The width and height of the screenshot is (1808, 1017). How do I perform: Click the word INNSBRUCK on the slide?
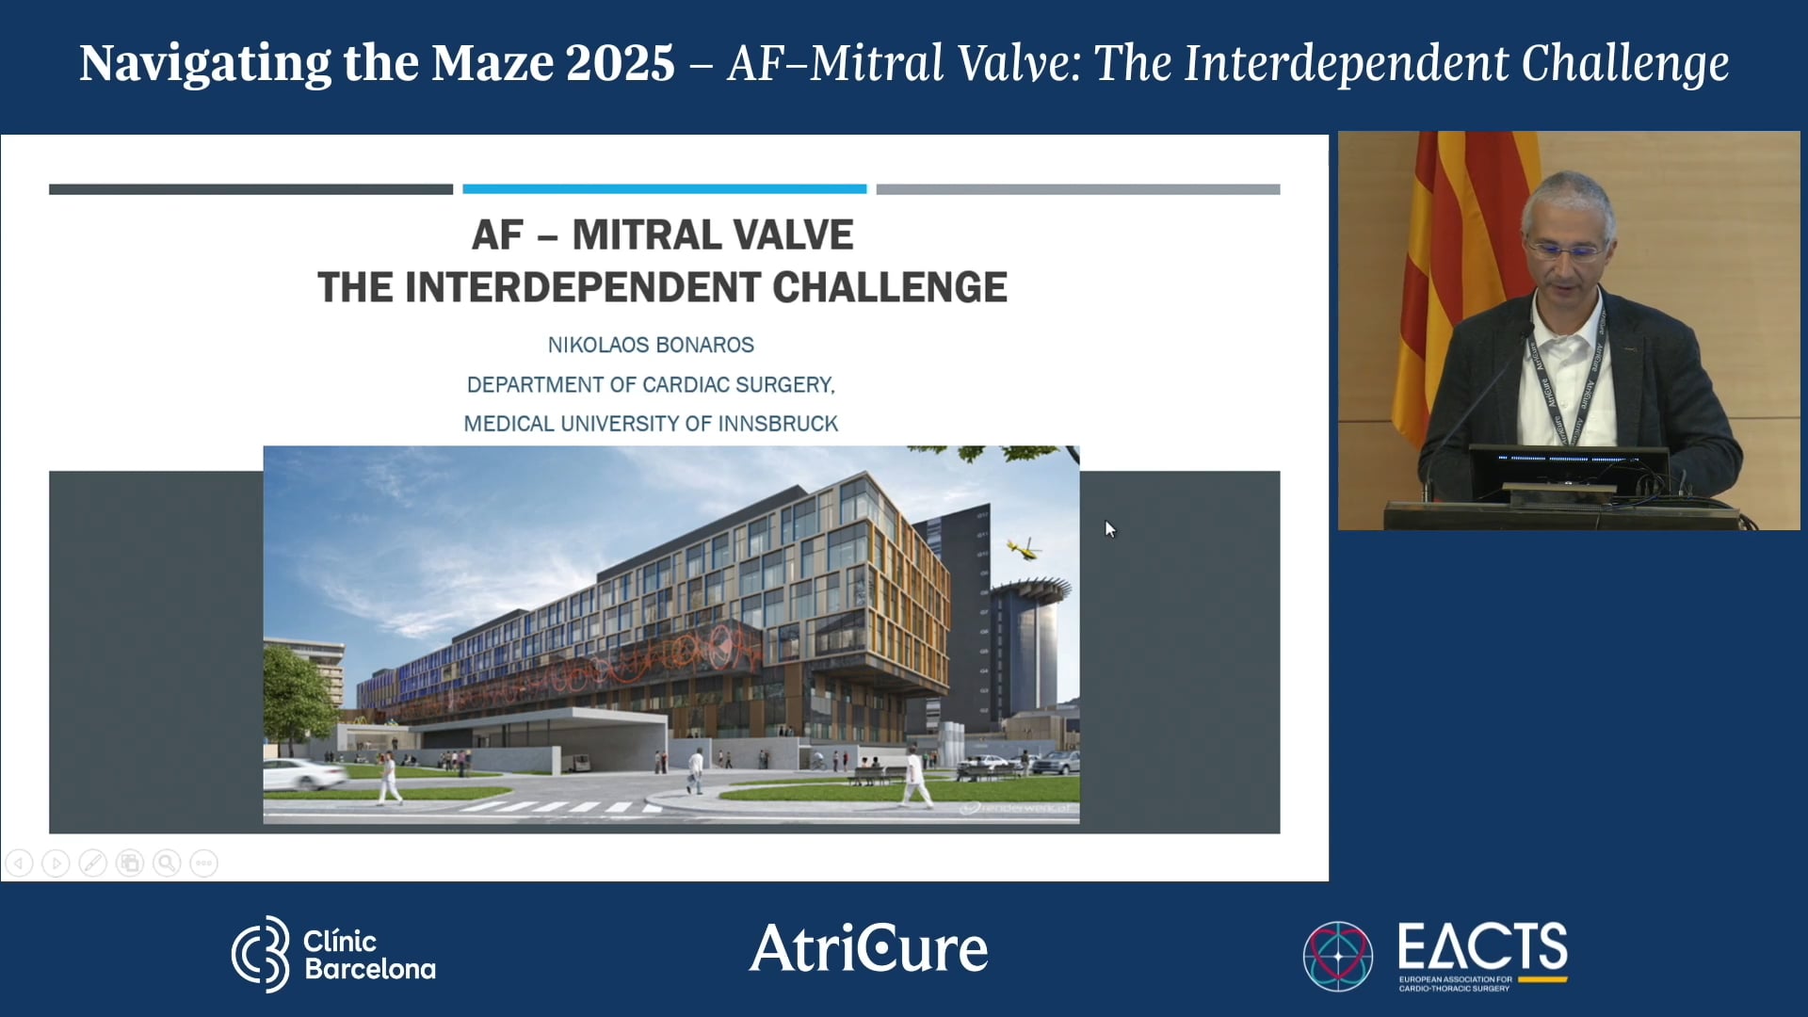(x=778, y=424)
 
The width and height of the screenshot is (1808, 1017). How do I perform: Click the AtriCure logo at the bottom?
(x=868, y=948)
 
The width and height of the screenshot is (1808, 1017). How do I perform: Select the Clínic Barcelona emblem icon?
(x=262, y=954)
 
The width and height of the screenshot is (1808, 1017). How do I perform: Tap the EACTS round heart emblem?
(x=1337, y=956)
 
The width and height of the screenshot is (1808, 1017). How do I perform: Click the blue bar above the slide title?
(x=664, y=189)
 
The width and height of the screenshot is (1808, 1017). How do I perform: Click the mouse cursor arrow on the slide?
(x=1110, y=529)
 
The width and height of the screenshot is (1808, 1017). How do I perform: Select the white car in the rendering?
(x=303, y=774)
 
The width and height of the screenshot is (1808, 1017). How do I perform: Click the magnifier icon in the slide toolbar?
(x=167, y=863)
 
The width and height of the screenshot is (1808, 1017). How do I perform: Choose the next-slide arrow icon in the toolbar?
(x=56, y=863)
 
